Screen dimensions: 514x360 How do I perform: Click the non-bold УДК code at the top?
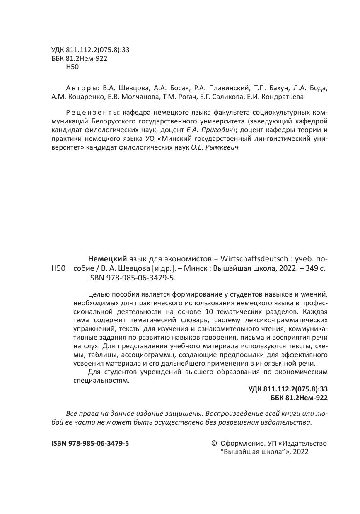(90, 50)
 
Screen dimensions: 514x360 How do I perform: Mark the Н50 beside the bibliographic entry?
(58, 268)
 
